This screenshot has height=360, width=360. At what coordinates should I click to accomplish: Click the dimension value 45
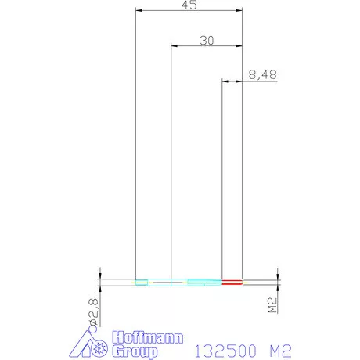189,5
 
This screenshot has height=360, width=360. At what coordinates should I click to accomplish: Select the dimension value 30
207,41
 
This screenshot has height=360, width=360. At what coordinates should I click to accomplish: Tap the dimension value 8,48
262,75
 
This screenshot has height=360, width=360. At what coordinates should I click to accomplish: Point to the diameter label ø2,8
93,312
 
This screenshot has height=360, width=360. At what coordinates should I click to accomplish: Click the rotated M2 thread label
272,305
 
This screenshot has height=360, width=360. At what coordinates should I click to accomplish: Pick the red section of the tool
232,282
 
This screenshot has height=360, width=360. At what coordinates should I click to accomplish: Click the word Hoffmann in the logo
148,338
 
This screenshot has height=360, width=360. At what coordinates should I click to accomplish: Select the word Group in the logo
135,351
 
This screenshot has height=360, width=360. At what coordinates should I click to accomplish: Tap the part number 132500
225,351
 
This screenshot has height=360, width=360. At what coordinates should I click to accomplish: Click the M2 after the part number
280,351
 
